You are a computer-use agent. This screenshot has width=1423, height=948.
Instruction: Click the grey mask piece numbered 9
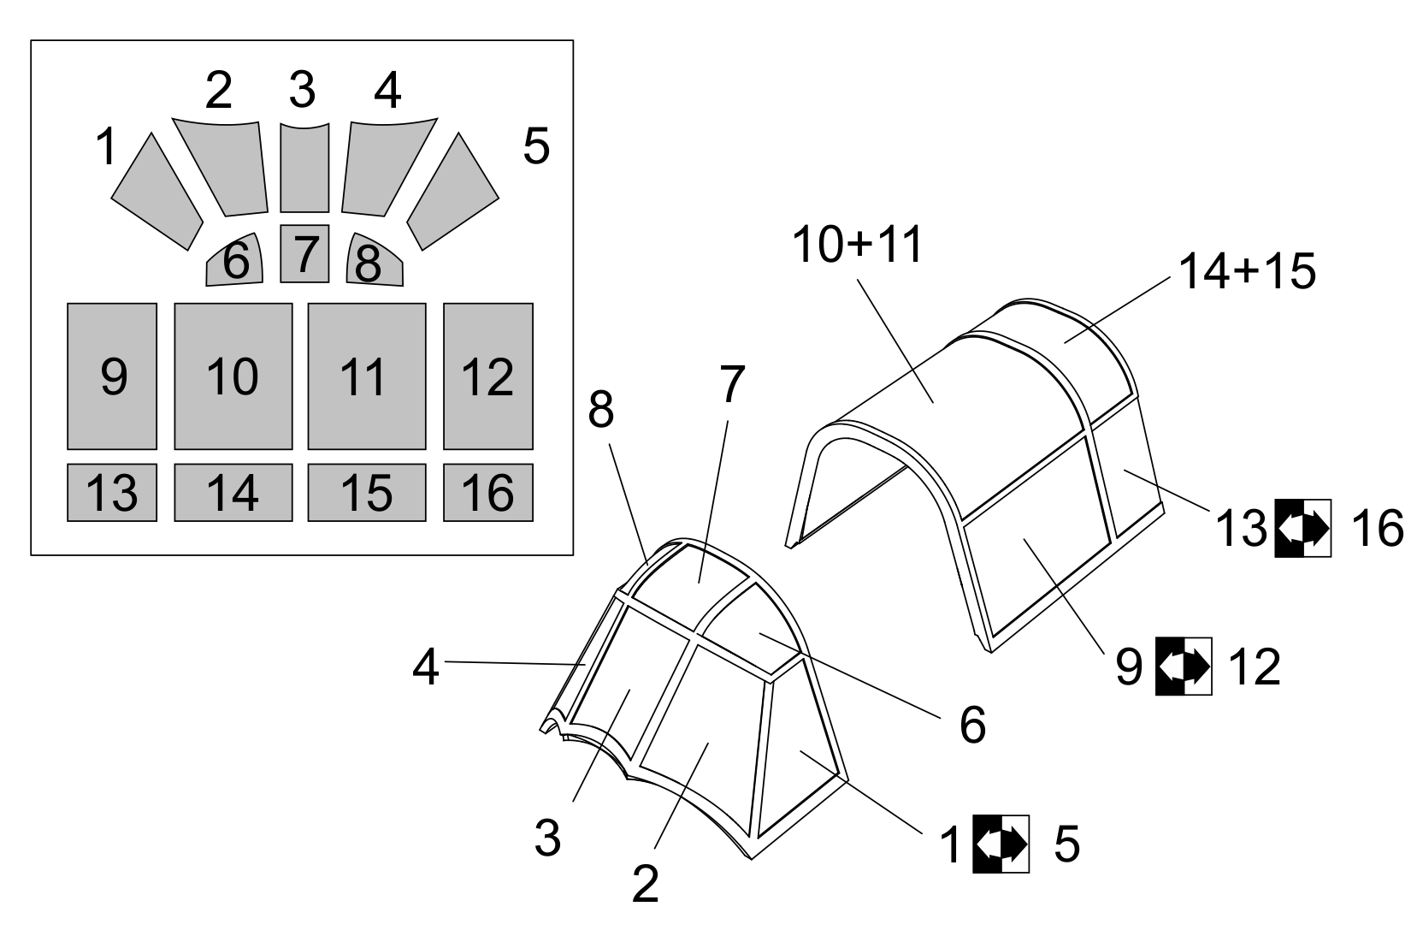tap(112, 376)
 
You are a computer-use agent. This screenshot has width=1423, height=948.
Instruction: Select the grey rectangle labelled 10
tap(233, 376)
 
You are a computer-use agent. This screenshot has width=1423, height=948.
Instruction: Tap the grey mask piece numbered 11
tap(367, 376)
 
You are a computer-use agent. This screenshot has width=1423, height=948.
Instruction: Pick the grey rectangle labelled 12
tap(488, 376)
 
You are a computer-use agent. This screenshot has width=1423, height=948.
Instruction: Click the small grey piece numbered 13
tap(112, 493)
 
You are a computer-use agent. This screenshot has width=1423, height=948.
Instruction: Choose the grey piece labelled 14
tap(233, 493)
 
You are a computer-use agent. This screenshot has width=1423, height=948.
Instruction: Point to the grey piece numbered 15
tap(367, 493)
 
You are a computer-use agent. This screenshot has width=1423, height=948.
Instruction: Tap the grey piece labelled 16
tap(488, 493)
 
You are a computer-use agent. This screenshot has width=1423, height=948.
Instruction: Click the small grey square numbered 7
tap(305, 253)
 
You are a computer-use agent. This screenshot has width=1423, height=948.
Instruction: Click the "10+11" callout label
tap(857, 245)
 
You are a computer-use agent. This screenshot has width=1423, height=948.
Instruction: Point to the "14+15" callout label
tap(1247, 271)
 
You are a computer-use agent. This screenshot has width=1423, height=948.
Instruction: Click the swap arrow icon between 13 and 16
tap(1303, 528)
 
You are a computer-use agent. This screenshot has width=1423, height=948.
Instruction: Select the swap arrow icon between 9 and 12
tap(1184, 666)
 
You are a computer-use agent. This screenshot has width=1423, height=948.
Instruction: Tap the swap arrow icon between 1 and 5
tap(1001, 844)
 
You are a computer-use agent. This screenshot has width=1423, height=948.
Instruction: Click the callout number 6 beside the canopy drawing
tap(972, 725)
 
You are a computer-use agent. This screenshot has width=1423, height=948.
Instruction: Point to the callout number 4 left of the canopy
tap(426, 667)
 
